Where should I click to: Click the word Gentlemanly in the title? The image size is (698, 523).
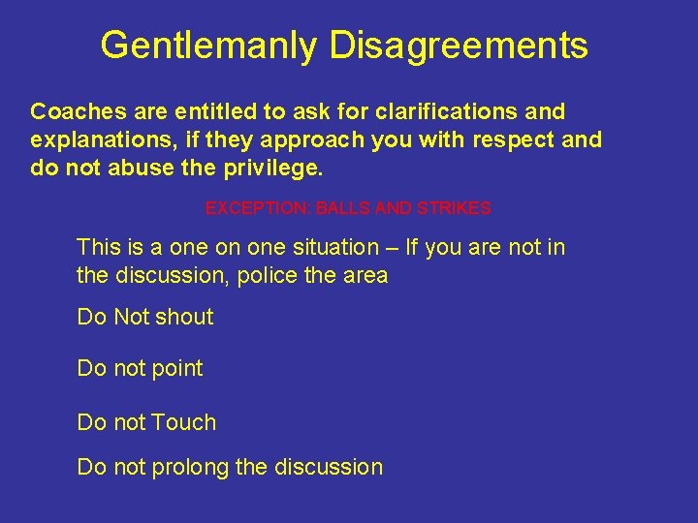(x=209, y=46)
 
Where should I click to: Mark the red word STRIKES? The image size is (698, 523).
(x=455, y=208)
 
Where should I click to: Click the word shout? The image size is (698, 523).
(x=183, y=317)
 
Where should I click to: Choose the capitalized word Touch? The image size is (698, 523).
(x=183, y=422)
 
